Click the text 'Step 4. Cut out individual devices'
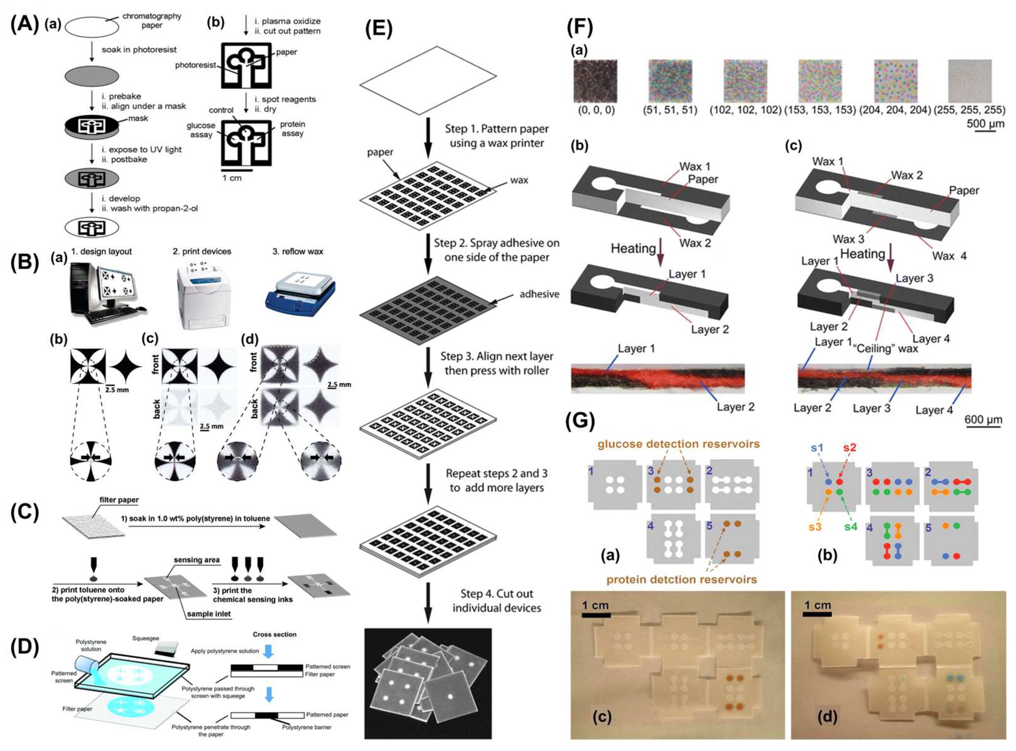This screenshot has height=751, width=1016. pos(496,601)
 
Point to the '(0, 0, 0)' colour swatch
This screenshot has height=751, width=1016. pos(595,81)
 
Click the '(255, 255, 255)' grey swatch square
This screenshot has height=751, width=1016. pos(969,81)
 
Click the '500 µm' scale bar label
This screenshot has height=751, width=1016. pos(985,123)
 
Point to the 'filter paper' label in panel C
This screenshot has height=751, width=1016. pos(119,500)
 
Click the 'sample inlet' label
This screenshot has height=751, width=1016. pos(209,614)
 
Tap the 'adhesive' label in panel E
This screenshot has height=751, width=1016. pos(539,294)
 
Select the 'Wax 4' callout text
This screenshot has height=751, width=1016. pos(949,256)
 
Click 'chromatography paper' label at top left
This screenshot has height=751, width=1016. pos(151,21)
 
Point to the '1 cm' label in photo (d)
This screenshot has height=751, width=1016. pos(817,605)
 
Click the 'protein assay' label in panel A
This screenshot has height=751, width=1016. pos(292,129)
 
